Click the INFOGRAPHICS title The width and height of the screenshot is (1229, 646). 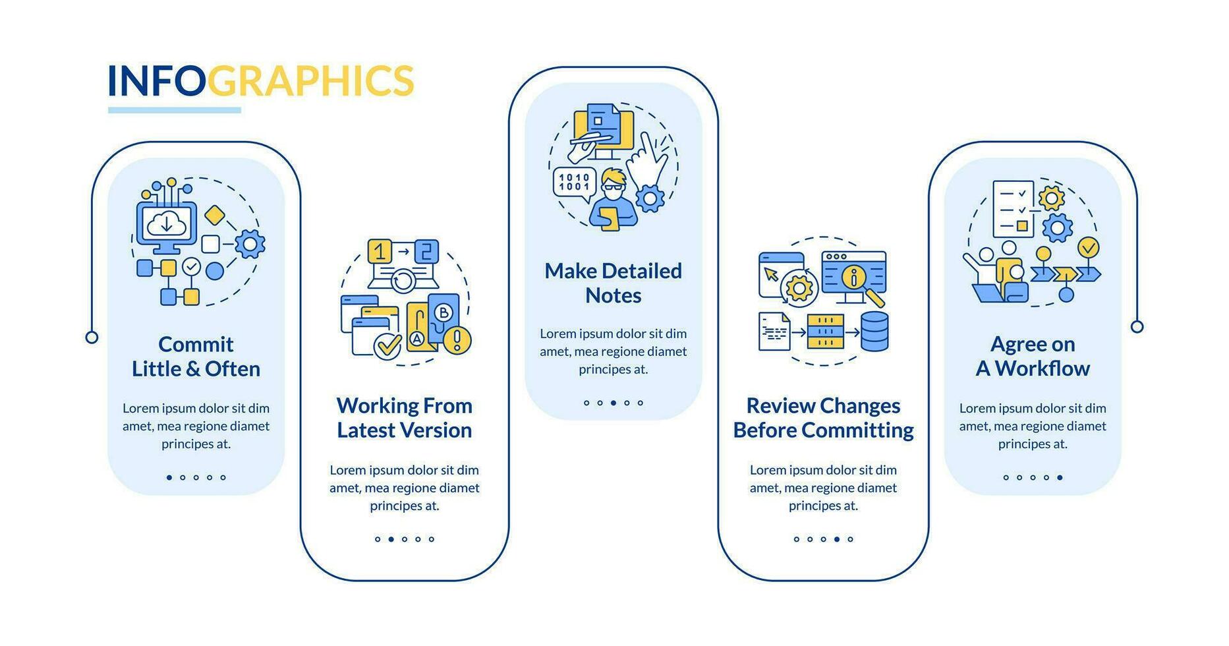point(260,80)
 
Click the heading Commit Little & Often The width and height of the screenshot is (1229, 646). point(196,357)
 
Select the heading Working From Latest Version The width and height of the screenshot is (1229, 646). point(404,418)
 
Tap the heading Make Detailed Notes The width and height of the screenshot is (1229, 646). point(613,283)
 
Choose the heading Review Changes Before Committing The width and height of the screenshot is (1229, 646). point(823,418)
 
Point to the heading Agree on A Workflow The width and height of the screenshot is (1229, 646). point(1032,357)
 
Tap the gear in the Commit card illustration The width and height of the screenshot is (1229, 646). point(250,244)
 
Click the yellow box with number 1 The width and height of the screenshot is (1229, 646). point(380,251)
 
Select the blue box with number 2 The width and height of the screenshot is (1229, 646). point(426,251)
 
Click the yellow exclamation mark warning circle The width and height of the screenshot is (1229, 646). point(457,340)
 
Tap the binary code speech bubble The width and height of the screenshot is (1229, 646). point(574,183)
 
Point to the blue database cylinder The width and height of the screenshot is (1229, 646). point(874,332)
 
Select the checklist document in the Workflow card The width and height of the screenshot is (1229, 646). point(1013,208)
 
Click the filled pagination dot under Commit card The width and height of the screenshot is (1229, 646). point(169,477)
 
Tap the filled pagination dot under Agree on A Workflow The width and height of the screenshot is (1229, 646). point(1060,477)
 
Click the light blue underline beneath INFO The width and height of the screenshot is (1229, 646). point(175,110)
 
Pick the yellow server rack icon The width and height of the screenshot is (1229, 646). point(826,332)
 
